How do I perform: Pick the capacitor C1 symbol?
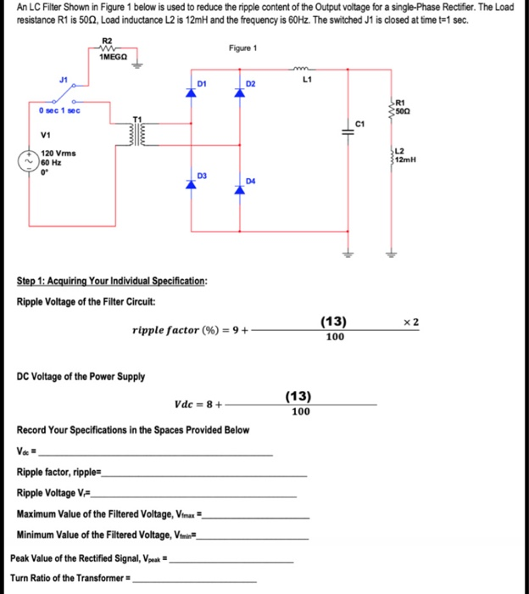pyautogui.click(x=348, y=130)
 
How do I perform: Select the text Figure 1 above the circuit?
pyautogui.click(x=242, y=49)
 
